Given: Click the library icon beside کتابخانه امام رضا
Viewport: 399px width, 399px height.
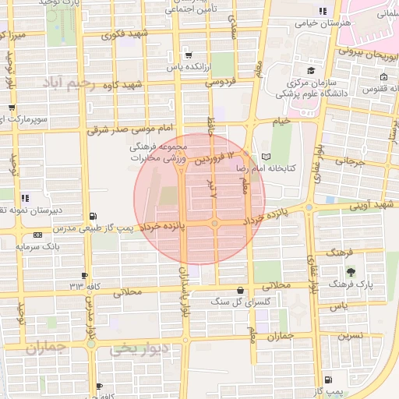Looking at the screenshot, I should pos(267,157).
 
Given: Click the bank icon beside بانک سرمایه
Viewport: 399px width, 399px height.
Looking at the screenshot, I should pos(39,235).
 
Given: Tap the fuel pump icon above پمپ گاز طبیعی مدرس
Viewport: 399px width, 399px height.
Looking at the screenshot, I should pos(94,216).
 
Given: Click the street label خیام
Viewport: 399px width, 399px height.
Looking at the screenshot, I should pos(280,121).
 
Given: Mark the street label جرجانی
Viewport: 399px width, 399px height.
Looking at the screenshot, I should pos(350,163).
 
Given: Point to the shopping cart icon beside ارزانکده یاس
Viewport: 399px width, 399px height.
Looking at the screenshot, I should pos(188,55).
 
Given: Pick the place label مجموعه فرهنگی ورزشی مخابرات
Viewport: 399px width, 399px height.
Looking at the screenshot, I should pos(160,152).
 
